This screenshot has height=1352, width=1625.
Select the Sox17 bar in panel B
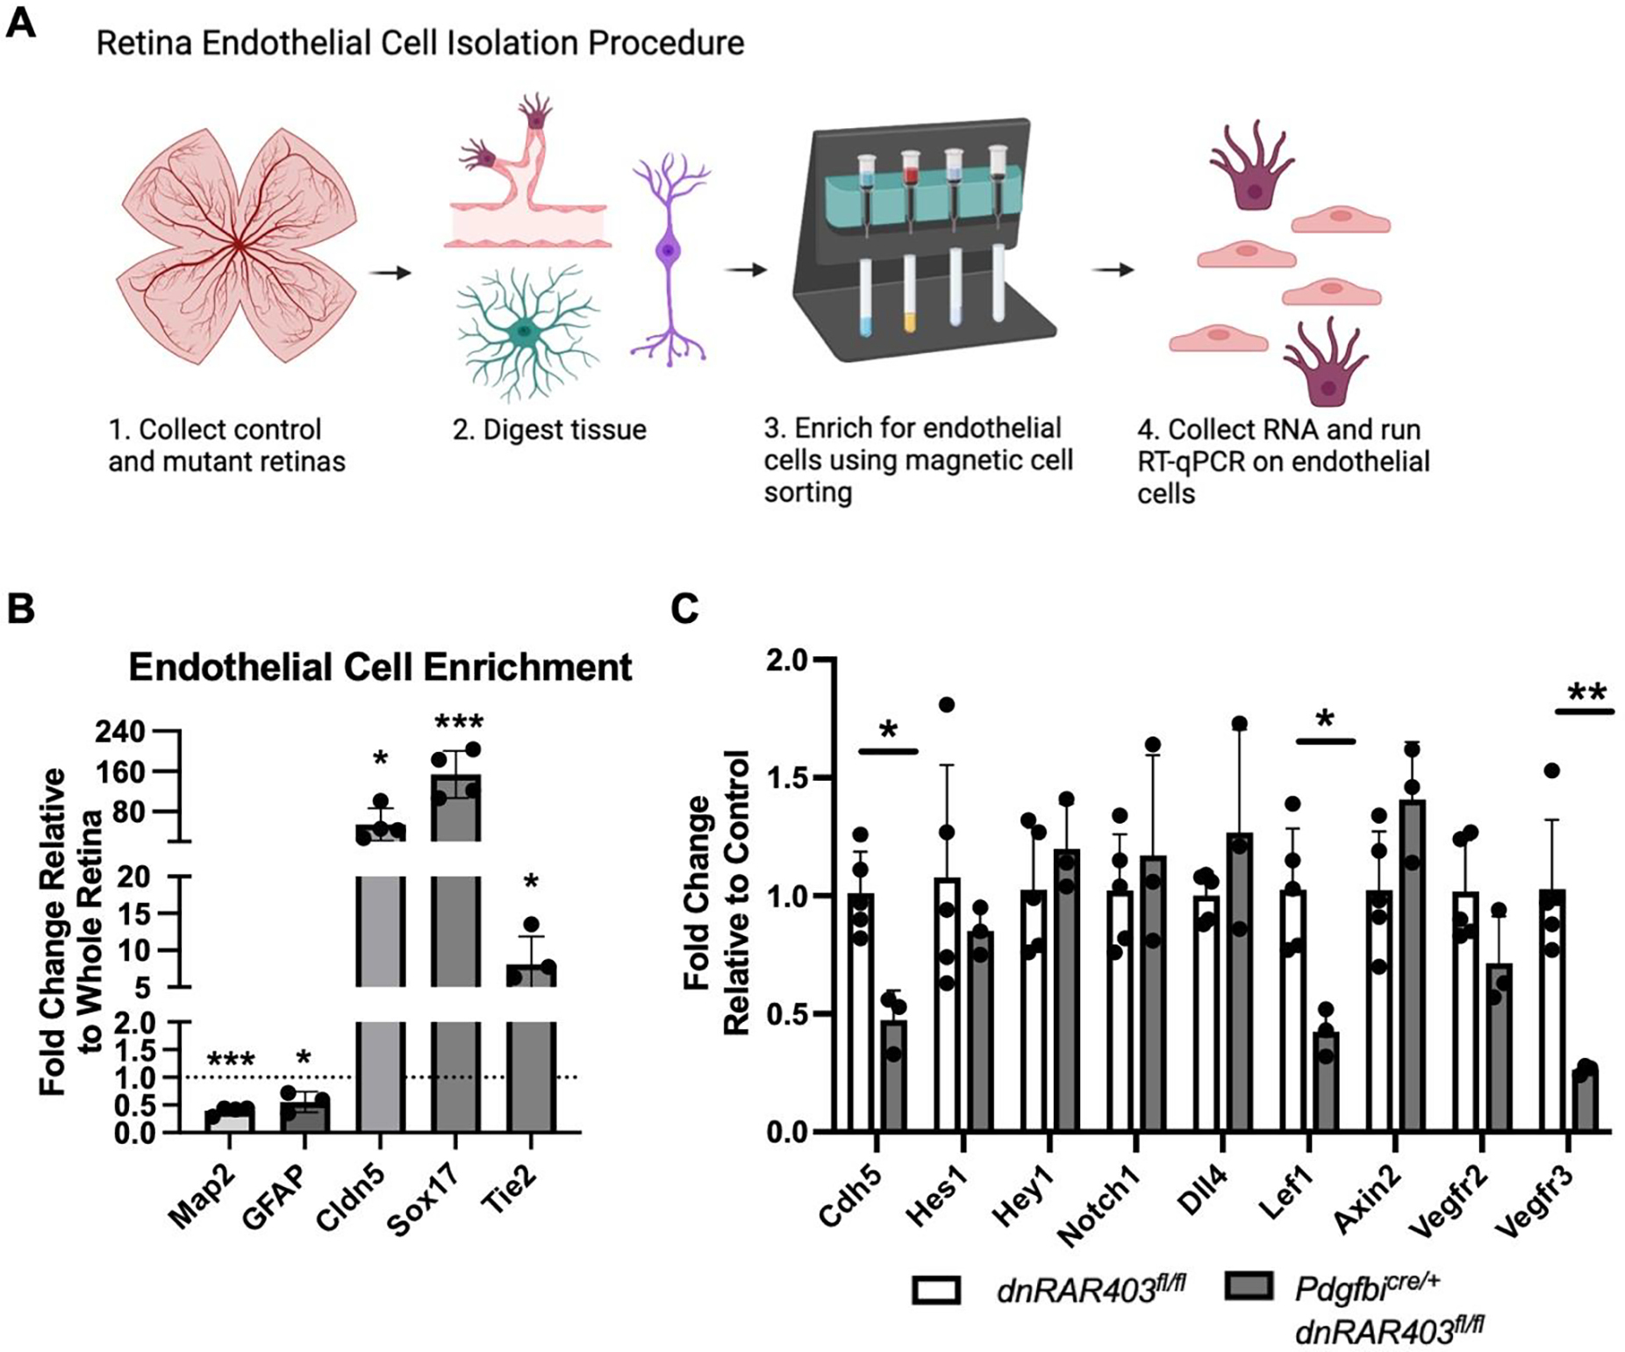455,965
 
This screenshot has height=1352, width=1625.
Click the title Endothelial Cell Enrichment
380,668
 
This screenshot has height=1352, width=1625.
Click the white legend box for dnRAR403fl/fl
936,1291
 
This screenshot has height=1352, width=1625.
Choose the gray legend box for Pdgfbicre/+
1248,1287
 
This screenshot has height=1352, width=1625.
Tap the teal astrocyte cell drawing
525,332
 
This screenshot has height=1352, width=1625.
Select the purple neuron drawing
669,255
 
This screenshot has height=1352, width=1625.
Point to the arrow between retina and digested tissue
390,273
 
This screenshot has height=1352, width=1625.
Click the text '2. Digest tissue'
549,430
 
